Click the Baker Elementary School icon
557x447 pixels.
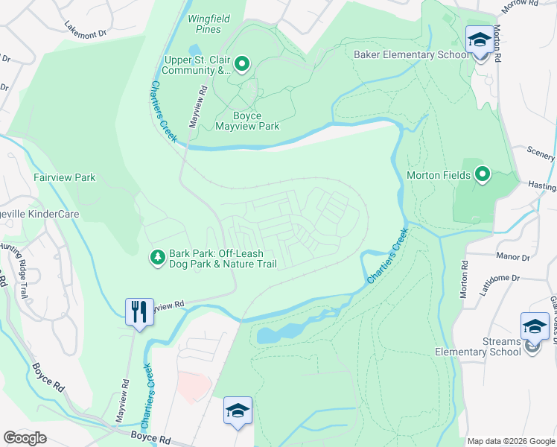(x=479, y=39)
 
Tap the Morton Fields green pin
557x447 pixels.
(x=483, y=175)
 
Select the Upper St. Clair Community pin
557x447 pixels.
(x=241, y=65)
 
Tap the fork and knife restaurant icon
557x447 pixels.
(x=139, y=311)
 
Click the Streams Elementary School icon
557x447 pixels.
(x=534, y=326)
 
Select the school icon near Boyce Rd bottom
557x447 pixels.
(x=238, y=410)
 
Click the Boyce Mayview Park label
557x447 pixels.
(x=247, y=121)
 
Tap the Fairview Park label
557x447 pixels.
(x=64, y=178)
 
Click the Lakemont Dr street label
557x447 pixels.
(x=86, y=29)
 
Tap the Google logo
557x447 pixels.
(x=25, y=437)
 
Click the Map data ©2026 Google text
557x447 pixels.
(x=510, y=441)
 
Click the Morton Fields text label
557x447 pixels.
(x=438, y=176)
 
